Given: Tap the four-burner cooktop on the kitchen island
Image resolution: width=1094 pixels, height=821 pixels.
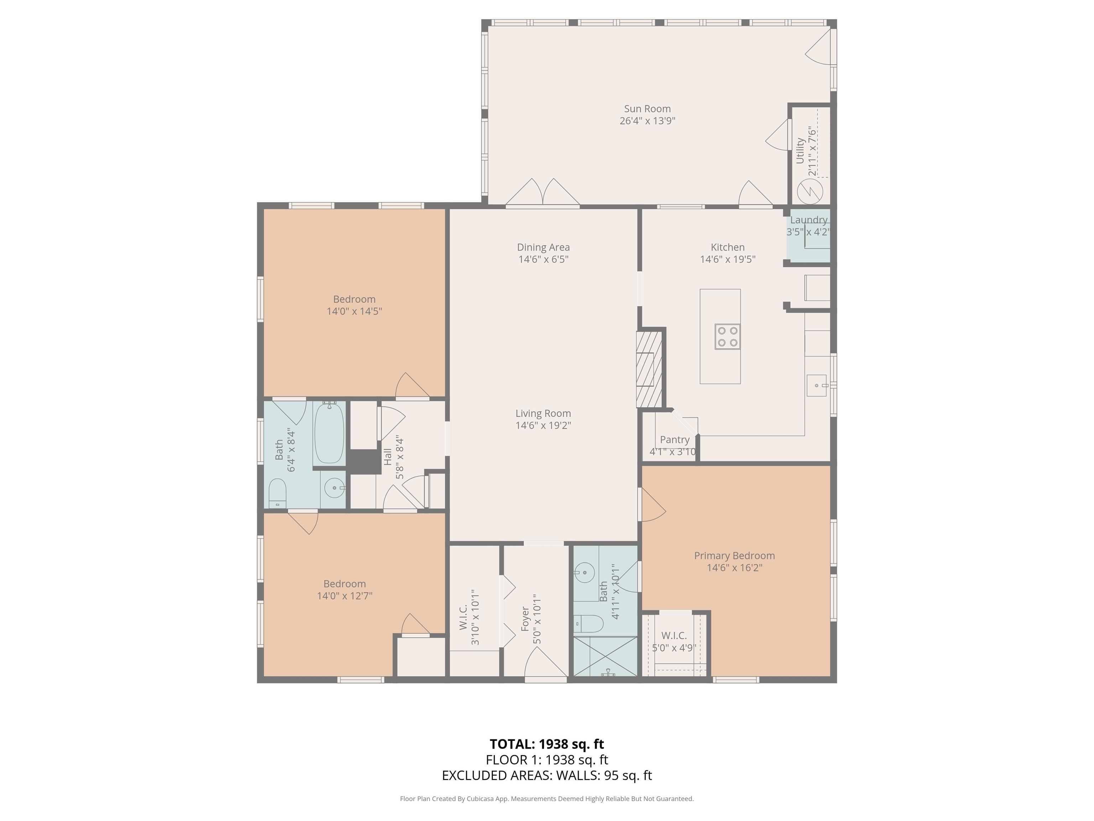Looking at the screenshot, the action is click(x=727, y=336).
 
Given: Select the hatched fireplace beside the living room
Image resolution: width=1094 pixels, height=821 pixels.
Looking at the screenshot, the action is click(x=649, y=369).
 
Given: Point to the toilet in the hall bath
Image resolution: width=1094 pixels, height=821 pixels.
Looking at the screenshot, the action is click(x=277, y=492).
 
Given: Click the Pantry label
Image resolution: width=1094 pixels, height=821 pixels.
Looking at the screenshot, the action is click(x=674, y=439).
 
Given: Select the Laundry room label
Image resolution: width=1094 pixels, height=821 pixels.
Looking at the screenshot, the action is click(x=809, y=220).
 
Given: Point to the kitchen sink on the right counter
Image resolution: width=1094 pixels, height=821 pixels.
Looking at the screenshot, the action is click(x=817, y=386).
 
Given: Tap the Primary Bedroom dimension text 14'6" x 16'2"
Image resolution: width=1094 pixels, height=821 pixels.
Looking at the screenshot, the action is click(x=734, y=568).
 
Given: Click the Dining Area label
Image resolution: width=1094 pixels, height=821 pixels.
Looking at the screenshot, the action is click(x=543, y=247).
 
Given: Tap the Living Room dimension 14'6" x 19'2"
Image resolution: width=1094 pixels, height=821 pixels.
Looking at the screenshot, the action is click(x=543, y=425).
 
